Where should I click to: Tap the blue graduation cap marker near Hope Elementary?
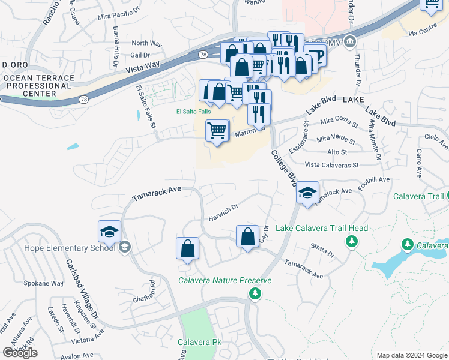tap(110, 232)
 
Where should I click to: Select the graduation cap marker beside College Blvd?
tap(307, 193)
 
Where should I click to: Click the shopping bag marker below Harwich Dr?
tap(247, 236)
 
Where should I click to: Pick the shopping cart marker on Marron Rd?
tap(217, 130)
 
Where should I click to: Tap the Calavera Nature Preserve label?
tap(225, 280)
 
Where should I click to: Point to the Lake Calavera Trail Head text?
tap(322, 228)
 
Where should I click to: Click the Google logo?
tap(20, 353)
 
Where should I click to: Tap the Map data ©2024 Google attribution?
tap(412, 355)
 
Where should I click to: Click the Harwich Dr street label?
tap(223, 214)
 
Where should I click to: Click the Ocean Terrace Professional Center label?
tap(38, 86)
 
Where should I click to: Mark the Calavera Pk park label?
tap(200, 342)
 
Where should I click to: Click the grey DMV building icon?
tap(351, 41)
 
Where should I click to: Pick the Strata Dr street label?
tap(322, 250)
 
